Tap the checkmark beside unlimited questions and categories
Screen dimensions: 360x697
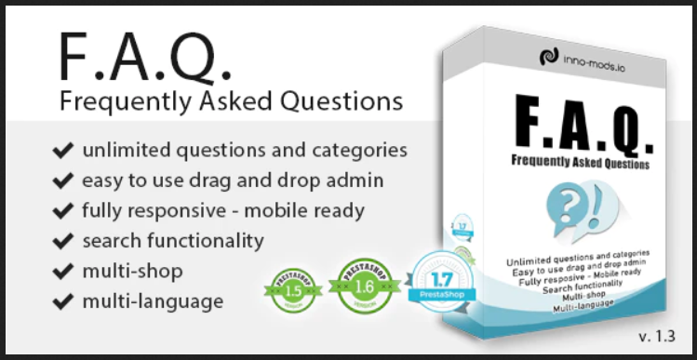63,150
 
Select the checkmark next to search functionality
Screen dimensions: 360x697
63,241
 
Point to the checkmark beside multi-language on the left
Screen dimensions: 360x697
63,301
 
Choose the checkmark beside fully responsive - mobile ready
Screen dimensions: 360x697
63,210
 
